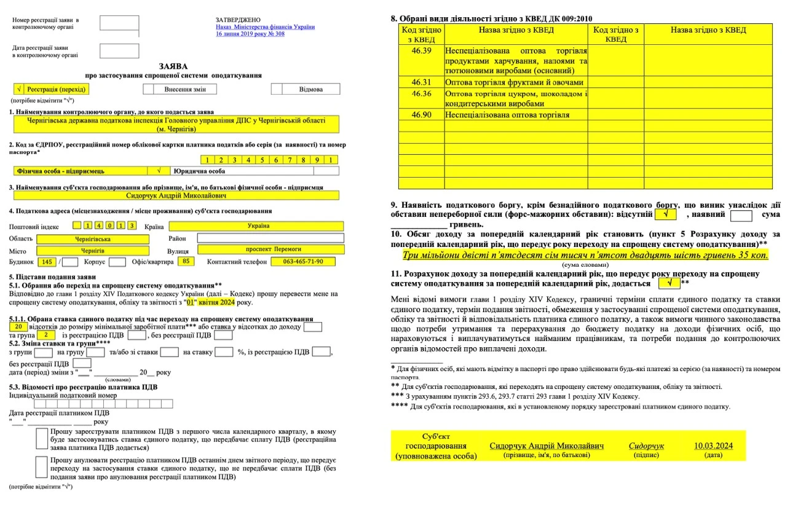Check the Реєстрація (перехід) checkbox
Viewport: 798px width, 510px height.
tap(20, 89)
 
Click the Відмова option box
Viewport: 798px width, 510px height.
tap(310, 89)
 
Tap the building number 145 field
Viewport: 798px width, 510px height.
tap(47, 262)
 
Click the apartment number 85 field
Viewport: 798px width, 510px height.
tap(186, 262)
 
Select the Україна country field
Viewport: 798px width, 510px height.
tap(256, 226)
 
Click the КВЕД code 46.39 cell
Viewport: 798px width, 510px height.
tap(421, 50)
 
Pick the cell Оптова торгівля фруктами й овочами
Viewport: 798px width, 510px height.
tap(515, 82)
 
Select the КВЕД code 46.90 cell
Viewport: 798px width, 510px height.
tap(421, 114)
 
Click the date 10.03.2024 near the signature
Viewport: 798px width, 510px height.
tap(713, 445)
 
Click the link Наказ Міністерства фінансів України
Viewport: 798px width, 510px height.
tap(265, 27)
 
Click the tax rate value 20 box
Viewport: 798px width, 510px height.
tap(17, 327)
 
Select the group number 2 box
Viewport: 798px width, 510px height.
tap(46, 335)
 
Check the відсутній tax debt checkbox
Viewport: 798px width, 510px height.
tap(666, 215)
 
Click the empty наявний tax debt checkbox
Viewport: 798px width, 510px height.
tap(741, 215)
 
